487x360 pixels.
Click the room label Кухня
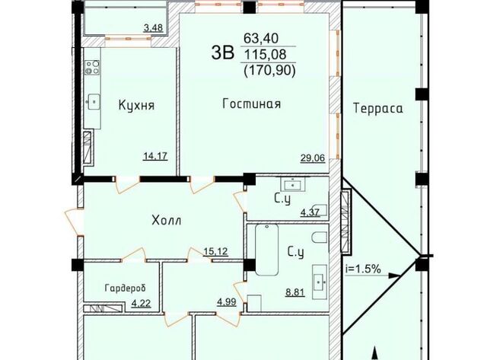tap(136, 106)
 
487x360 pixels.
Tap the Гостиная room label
tap(252, 104)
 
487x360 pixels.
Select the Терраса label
tap(378, 109)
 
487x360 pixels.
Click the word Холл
tap(167, 221)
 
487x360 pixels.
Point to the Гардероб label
tap(126, 288)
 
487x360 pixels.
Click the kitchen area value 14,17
tap(155, 155)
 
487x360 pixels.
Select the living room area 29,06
tap(313, 158)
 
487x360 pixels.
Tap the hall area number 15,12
tap(216, 251)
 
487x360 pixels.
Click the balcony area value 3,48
tap(153, 28)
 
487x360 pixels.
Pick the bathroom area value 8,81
tap(295, 292)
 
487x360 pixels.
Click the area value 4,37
tap(310, 213)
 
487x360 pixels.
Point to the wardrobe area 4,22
tap(142, 303)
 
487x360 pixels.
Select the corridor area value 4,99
tap(227, 302)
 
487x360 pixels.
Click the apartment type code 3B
tap(222, 53)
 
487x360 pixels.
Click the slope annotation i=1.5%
tap(364, 269)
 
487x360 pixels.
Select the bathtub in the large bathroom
tap(266, 250)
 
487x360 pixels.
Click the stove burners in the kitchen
tap(93, 68)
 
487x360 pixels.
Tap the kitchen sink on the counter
tap(93, 101)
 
